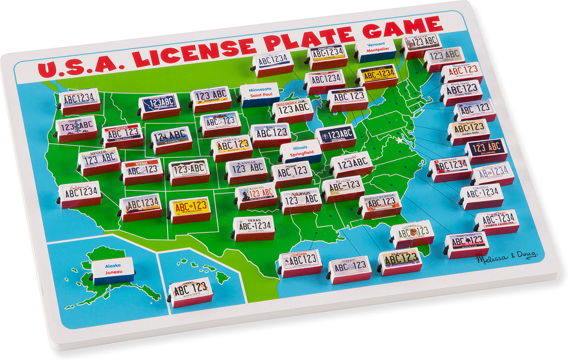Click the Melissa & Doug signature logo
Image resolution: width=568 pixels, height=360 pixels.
(507, 258)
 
